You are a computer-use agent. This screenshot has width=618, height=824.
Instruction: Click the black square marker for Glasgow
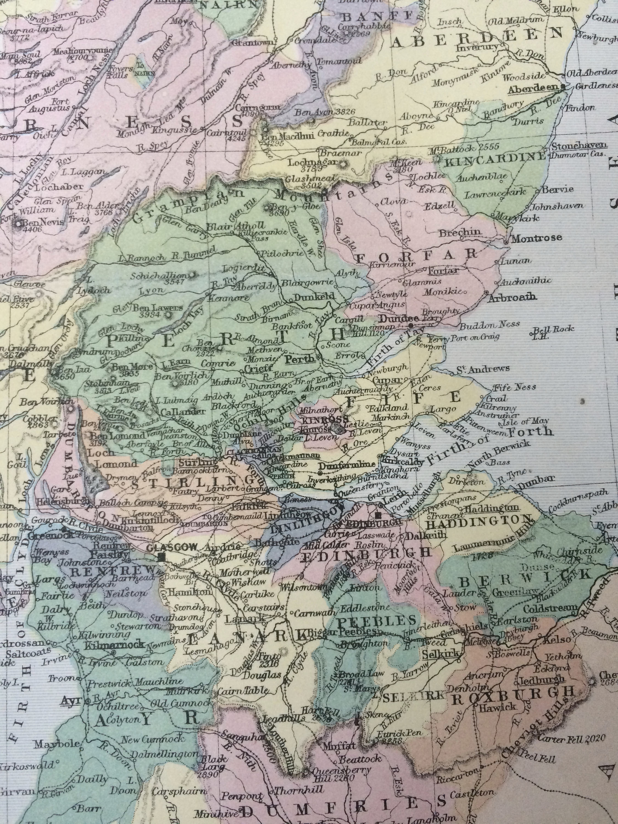[162, 557]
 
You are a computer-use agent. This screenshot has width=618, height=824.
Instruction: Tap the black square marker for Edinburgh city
[378, 516]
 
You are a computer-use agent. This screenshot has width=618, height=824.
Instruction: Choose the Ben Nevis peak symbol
[18, 224]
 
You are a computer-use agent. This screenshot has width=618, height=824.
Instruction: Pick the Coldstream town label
[550, 609]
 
